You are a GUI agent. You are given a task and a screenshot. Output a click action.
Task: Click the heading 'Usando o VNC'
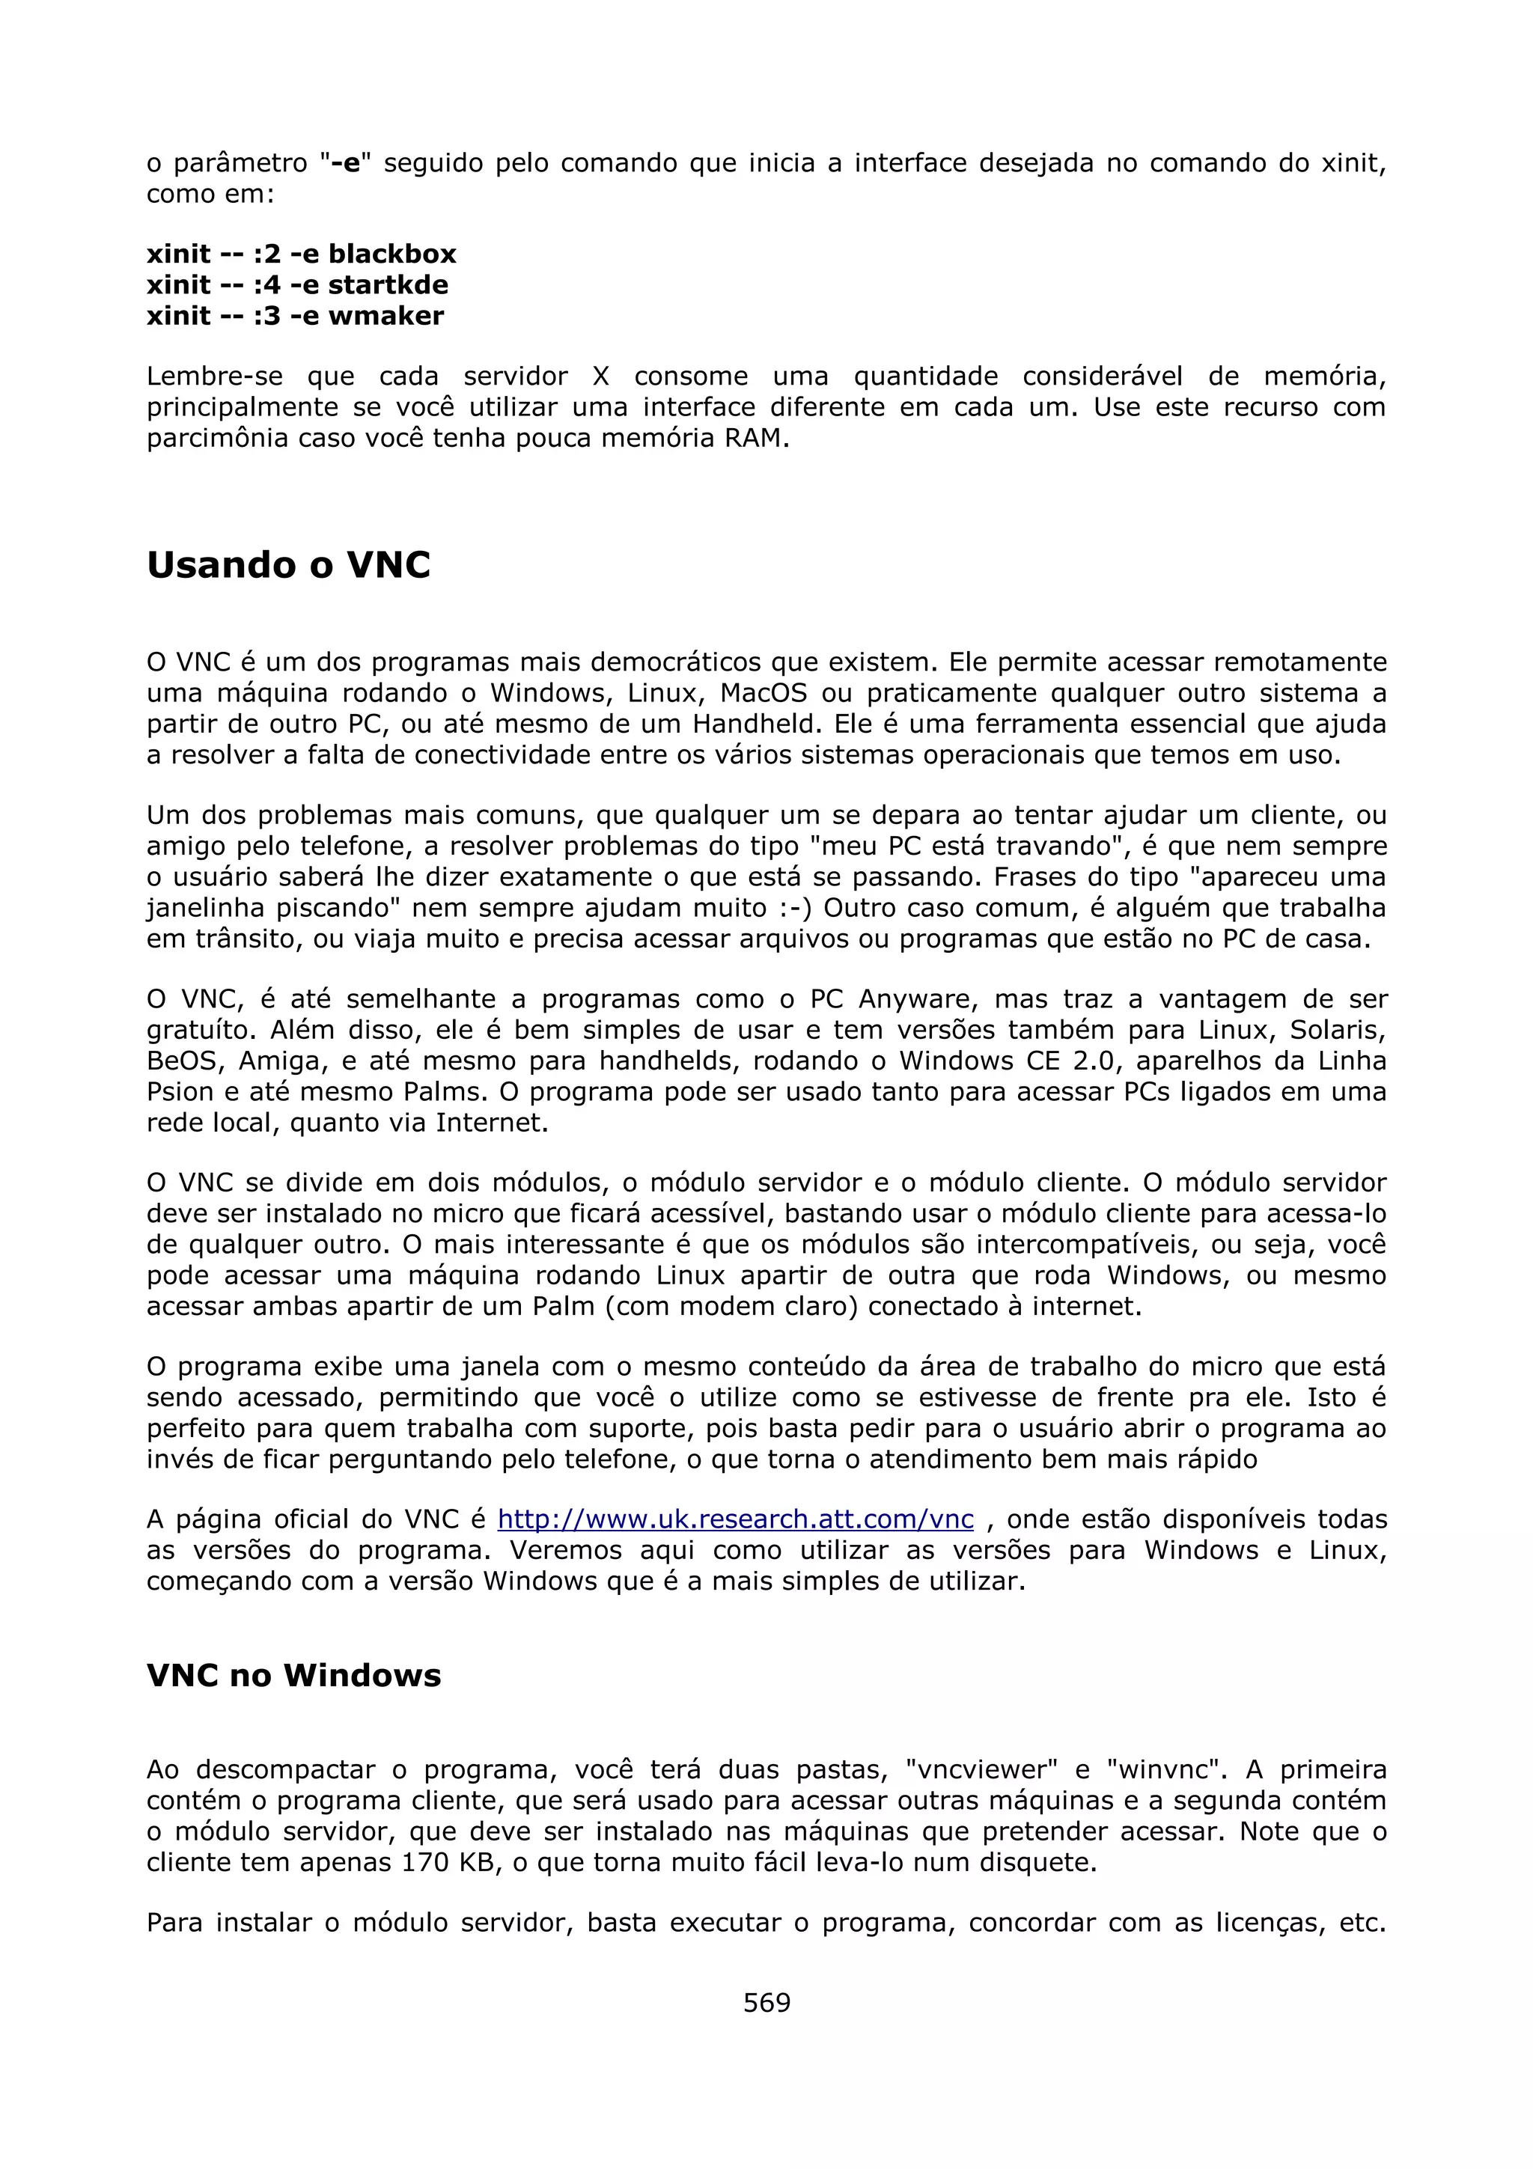[288, 565]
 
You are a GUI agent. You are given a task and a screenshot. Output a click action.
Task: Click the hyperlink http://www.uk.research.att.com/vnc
[735, 1519]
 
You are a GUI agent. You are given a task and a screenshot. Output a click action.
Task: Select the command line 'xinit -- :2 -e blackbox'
[302, 254]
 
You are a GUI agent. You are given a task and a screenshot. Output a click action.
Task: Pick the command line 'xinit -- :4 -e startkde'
[297, 284]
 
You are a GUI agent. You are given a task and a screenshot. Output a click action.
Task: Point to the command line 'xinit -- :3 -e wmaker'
[295, 316]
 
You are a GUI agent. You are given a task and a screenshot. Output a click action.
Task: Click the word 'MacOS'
[764, 693]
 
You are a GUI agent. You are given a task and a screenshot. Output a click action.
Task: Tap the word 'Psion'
[180, 1092]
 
